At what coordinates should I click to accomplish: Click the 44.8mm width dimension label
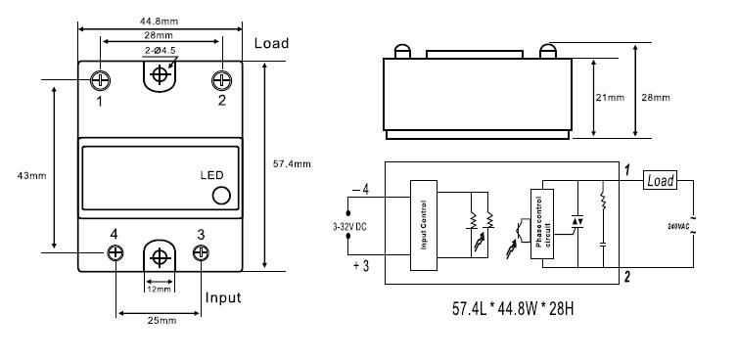[159, 22]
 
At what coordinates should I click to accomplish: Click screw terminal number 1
[100, 80]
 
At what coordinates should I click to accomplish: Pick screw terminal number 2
[222, 80]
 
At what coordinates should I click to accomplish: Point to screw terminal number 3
[201, 252]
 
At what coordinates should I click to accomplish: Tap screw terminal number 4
[115, 252]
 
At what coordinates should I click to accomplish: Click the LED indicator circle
[221, 196]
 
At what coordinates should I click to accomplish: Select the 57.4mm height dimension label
[292, 164]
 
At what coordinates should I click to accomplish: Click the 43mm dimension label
[32, 176]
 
